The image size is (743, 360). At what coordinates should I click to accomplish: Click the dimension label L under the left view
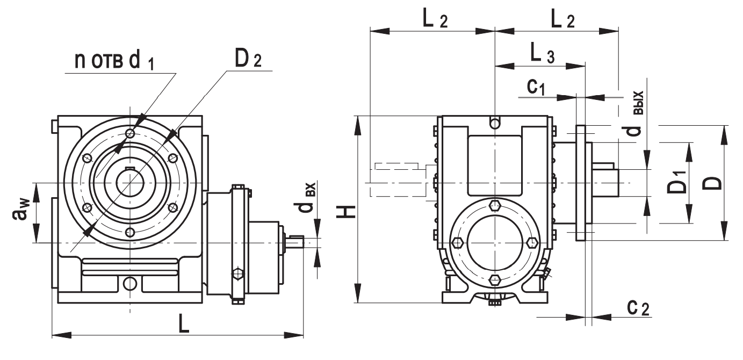pos(184,326)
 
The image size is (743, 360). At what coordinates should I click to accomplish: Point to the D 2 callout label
pos(247,60)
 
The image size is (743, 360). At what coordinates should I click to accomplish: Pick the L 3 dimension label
pos(542,53)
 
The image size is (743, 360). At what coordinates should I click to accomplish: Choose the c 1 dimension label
pos(535,87)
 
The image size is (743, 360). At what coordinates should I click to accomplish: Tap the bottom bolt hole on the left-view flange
pos(129,232)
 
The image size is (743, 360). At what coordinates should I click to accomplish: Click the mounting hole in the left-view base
pos(129,283)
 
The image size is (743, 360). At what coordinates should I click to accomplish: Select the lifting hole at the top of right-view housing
pos(495,123)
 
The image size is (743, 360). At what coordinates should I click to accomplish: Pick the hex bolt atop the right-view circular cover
pos(495,205)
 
